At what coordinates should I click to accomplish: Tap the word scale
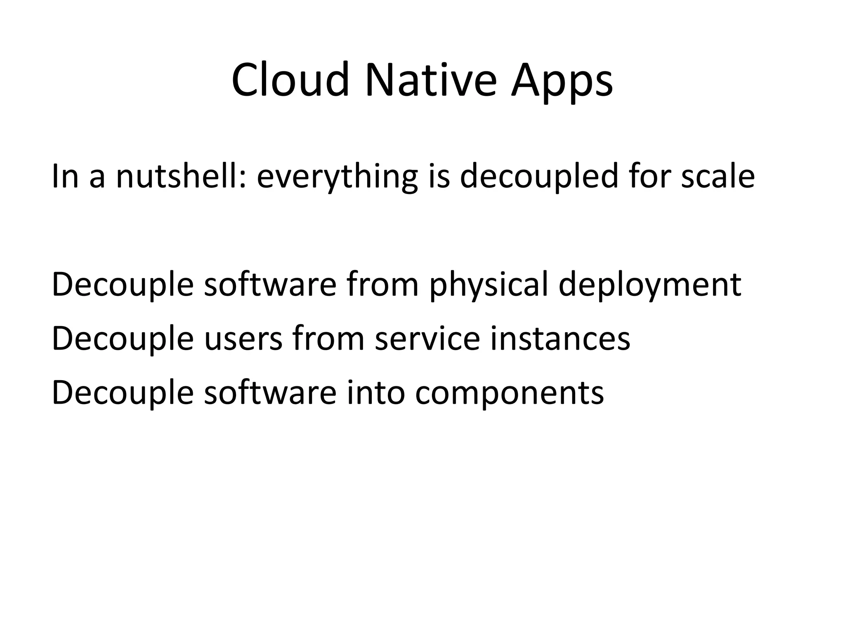click(x=718, y=176)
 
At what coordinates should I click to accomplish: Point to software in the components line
click(x=270, y=393)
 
